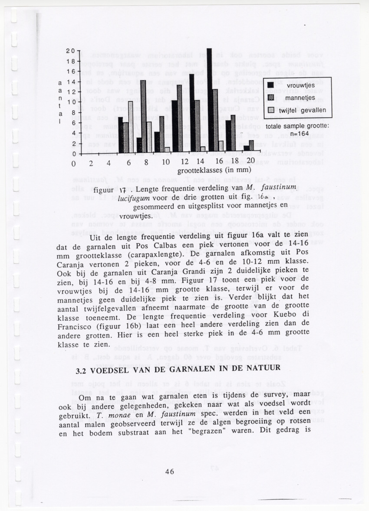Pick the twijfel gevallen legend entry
(302, 110)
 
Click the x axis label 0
(73, 163)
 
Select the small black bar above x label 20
(246, 148)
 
